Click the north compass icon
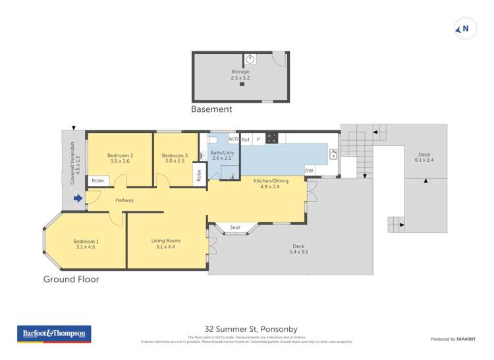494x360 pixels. [465, 29]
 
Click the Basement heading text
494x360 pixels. [211, 109]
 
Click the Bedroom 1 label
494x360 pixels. [84, 244]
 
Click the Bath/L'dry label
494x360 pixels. [222, 155]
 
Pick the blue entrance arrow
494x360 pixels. [78, 198]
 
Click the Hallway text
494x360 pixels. [124, 200]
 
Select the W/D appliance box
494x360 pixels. [233, 139]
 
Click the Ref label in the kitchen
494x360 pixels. [246, 140]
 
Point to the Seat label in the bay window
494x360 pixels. [235, 228]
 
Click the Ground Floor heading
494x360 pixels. [71, 279]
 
